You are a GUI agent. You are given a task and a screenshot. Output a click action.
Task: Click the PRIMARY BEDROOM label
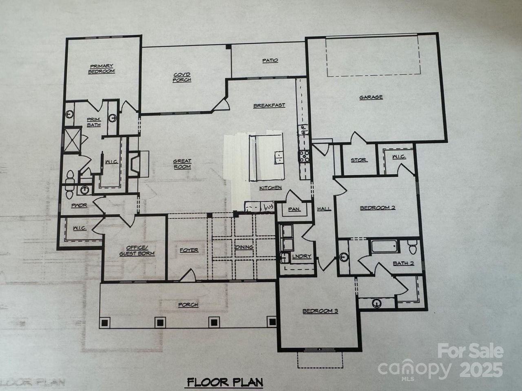pyautogui.click(x=102, y=69)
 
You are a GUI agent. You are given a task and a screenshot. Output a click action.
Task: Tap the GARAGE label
pyautogui.click(x=371, y=97)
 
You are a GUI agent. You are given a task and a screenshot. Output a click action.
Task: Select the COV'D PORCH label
pyautogui.click(x=182, y=77)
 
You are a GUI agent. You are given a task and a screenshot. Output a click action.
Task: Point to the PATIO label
pyautogui.click(x=270, y=60)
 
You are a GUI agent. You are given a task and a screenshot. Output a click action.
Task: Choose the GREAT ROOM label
pyautogui.click(x=182, y=164)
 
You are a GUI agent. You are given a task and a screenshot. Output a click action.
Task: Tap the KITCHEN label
pyautogui.click(x=271, y=188)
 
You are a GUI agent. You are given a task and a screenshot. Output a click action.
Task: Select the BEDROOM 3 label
pyautogui.click(x=320, y=311)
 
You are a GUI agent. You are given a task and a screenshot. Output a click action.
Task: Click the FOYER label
pyautogui.click(x=189, y=250)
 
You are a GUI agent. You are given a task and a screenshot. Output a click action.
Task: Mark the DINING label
pyautogui.click(x=244, y=247)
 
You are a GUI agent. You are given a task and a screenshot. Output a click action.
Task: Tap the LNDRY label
pyautogui.click(x=302, y=256)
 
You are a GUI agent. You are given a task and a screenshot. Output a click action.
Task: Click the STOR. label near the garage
pyautogui.click(x=358, y=160)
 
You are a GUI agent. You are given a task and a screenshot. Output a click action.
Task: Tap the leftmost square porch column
pyautogui.click(x=105, y=323)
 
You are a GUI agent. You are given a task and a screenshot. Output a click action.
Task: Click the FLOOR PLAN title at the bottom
pyautogui.click(x=225, y=382)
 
